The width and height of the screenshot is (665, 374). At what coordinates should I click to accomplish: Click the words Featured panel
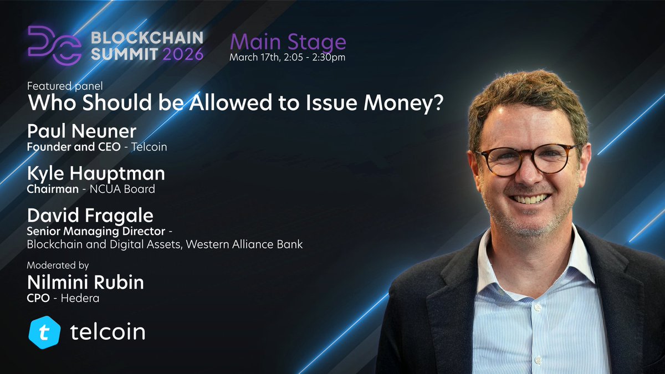[x=65, y=86]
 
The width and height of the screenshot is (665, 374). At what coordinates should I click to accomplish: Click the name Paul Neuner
[x=81, y=131]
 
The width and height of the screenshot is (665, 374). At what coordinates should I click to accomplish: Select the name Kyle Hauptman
[x=96, y=173]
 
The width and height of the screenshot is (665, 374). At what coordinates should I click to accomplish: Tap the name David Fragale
[x=91, y=216]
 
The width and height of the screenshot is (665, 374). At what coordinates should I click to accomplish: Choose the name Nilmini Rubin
[x=85, y=282]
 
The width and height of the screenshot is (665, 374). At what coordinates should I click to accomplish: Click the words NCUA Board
[x=127, y=189]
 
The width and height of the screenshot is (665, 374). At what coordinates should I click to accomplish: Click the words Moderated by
[x=58, y=265]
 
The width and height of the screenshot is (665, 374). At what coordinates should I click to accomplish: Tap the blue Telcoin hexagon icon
[x=44, y=331]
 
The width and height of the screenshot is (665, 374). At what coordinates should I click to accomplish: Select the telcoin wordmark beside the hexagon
[x=108, y=331]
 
